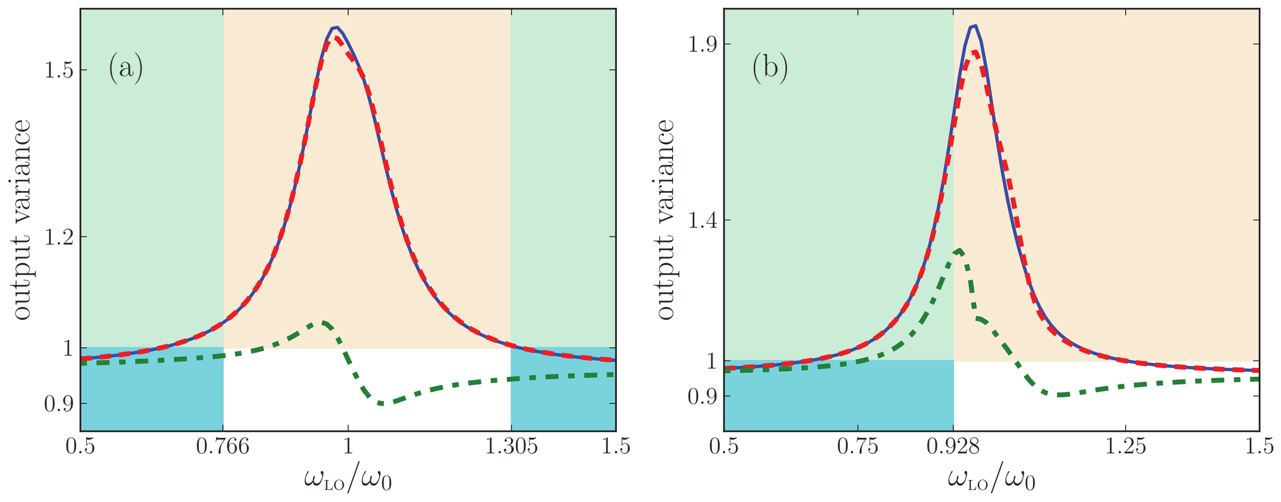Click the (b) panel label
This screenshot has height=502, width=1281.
pyautogui.click(x=770, y=67)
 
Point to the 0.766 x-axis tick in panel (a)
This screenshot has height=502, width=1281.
pyautogui.click(x=222, y=446)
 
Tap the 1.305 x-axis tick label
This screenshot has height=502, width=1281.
pyautogui.click(x=511, y=446)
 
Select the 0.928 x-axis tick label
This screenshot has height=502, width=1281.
pyautogui.click(x=953, y=446)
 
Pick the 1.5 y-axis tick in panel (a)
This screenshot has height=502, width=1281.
pyautogui.click(x=59, y=70)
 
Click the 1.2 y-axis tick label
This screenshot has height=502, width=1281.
pyautogui.click(x=59, y=237)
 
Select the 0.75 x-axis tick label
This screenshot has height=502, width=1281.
pyautogui.click(x=857, y=446)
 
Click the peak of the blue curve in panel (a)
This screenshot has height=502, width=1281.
pyautogui.click(x=337, y=27)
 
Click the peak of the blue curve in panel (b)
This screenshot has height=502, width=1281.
pyautogui.click(x=975, y=26)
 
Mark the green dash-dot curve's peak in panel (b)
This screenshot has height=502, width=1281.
pyautogui.click(x=959, y=250)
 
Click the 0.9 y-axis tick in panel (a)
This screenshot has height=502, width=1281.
pyautogui.click(x=59, y=403)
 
